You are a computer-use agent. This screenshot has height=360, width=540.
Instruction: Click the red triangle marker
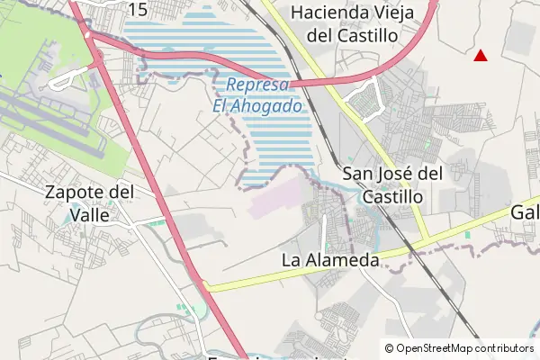pyautogui.click(x=481, y=56)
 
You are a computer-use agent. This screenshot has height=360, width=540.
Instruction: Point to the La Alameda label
pyautogui.click(x=330, y=260)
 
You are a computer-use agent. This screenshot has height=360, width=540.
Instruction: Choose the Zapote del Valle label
pyautogui.click(x=90, y=202)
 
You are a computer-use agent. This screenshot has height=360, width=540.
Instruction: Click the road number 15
pyautogui.click(x=138, y=9)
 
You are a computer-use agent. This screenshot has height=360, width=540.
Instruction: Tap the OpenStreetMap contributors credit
pyautogui.click(x=459, y=348)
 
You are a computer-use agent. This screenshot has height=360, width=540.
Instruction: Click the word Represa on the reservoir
pyautogui.click(x=257, y=85)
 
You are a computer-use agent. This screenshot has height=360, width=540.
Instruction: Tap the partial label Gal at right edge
pyautogui.click(x=526, y=212)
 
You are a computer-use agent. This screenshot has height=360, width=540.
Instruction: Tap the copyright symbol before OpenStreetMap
pyautogui.click(x=389, y=348)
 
